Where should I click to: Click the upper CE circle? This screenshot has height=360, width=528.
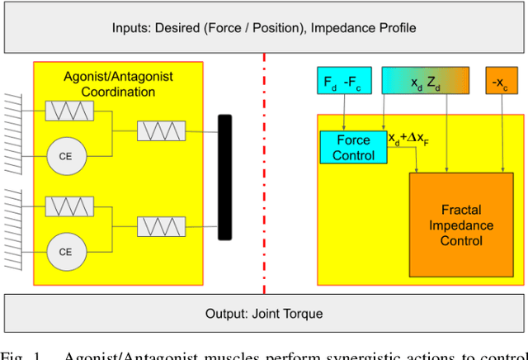[64, 155]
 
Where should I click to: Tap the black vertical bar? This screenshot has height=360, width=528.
[224, 178]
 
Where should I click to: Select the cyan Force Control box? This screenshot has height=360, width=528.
[353, 147]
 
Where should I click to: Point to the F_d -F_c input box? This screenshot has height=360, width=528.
[342, 82]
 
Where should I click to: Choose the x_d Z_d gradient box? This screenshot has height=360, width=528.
[427, 82]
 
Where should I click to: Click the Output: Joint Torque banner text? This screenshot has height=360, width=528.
[264, 314]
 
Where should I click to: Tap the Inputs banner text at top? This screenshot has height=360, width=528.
[264, 28]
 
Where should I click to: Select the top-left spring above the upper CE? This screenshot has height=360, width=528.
[69, 110]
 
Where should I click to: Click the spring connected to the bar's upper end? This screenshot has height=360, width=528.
[161, 130]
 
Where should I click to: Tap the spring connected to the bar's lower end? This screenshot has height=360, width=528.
[161, 225]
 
